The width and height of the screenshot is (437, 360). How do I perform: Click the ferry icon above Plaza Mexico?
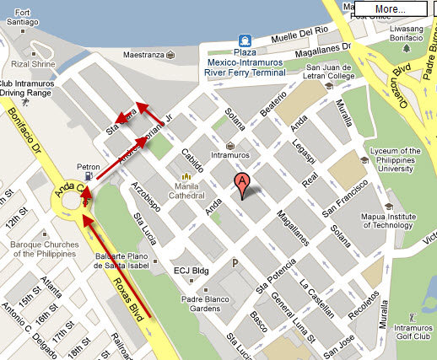click(x=245, y=40)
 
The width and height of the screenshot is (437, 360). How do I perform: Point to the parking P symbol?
click(x=247, y=263)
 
